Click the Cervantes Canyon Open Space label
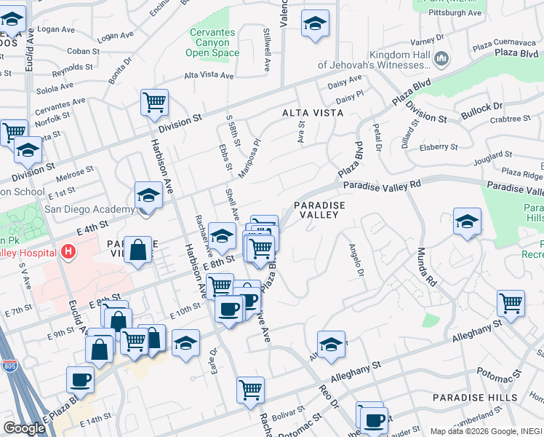click(x=212, y=42)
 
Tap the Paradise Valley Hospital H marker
click(x=68, y=252)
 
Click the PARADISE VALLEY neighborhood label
click(x=318, y=210)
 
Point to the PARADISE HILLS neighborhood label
click(x=475, y=398)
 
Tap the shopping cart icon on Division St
click(x=154, y=103)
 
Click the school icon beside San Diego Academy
click(x=148, y=195)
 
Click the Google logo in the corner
click(x=24, y=428)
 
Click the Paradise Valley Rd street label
click(x=383, y=185)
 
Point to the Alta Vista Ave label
click(x=209, y=75)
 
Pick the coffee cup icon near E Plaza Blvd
click(x=80, y=379)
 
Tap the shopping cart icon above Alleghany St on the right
click(x=511, y=303)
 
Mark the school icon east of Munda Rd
click(x=467, y=221)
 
